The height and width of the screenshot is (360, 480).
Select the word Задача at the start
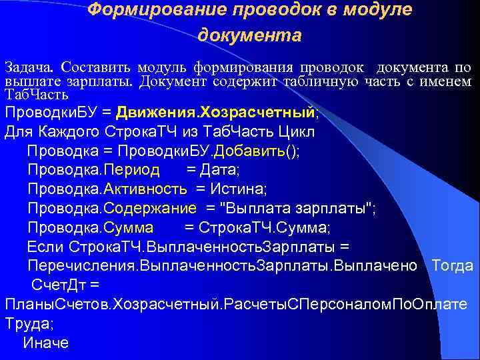31,68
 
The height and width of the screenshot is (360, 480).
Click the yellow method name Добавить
255,151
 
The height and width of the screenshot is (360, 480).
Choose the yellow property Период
128,171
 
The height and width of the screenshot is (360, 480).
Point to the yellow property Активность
147,190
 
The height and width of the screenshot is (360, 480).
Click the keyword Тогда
452,267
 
